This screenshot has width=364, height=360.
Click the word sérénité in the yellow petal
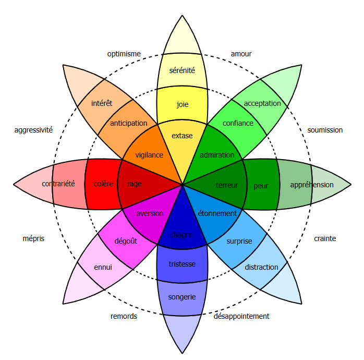[x=182, y=70]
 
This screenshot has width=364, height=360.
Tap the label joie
[x=182, y=104]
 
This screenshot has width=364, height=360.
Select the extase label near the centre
[x=182, y=136]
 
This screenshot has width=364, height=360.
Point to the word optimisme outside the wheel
[x=124, y=54]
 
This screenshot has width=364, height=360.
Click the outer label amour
[x=241, y=54]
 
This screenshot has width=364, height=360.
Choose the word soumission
[x=325, y=130]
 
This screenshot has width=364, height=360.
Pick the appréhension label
[x=312, y=185]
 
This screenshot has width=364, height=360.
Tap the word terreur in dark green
[x=227, y=185]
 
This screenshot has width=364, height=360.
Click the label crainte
[x=325, y=238]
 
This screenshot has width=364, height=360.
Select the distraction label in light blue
[x=261, y=267]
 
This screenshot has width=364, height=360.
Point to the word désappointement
[x=241, y=316]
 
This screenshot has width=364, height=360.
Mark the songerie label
[x=182, y=297]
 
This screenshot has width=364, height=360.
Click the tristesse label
[x=182, y=264]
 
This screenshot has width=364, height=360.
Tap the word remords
[x=124, y=316]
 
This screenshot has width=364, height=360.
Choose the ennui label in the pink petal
[x=103, y=267]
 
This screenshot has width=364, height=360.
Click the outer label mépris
[x=33, y=238]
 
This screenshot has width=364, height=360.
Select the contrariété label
[x=58, y=184]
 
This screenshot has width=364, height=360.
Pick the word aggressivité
[x=33, y=130]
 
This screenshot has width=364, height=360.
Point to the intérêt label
[x=102, y=103]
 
